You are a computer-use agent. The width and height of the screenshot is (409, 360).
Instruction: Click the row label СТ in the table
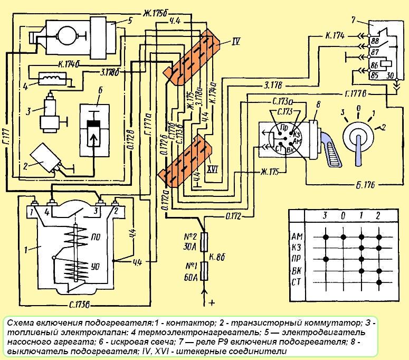(297, 283)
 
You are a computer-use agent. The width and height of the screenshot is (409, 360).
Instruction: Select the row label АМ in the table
(297, 235)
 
